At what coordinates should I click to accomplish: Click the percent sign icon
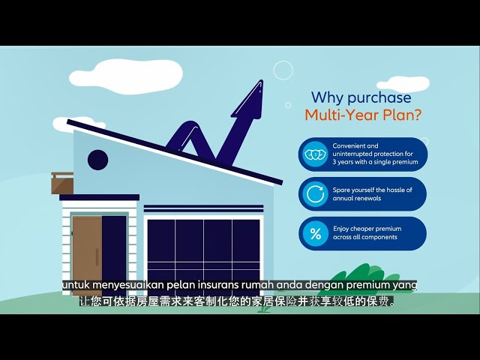315,234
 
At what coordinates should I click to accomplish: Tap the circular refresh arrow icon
315,193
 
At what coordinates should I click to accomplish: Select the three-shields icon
315,154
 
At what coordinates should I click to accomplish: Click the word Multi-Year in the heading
338,115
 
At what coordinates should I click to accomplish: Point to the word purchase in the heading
379,98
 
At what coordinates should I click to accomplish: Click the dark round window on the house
98,160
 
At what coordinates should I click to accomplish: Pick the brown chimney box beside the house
62,183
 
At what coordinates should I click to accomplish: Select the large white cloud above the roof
125,76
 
